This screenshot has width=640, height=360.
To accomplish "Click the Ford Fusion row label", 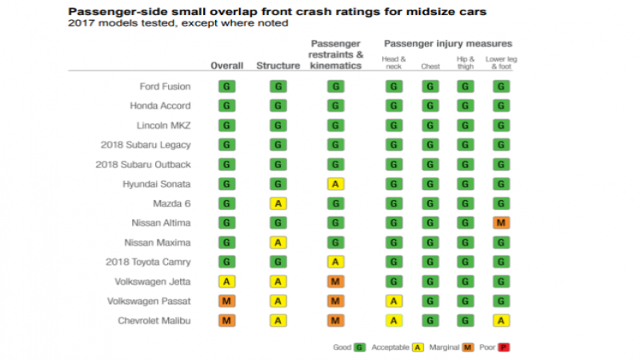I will click(x=165, y=86).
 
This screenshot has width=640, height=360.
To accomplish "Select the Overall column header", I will click(x=226, y=66).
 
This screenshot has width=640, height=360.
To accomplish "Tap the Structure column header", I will click(x=278, y=66).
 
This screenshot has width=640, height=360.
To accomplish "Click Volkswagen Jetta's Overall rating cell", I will click(x=226, y=281).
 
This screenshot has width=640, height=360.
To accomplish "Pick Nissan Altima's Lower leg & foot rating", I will click(x=502, y=222).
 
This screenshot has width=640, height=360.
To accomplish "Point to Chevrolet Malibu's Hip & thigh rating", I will click(x=466, y=320).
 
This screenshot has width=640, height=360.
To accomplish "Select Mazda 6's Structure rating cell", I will click(x=278, y=203).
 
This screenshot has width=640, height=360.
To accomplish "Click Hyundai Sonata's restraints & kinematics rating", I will click(x=336, y=184).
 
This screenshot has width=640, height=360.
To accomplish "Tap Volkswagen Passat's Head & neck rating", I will click(x=394, y=301).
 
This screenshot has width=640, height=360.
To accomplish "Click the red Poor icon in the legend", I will click(x=505, y=347).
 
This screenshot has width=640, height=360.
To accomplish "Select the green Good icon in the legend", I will click(x=360, y=347).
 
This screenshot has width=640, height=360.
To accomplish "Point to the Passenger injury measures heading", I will click(x=447, y=43).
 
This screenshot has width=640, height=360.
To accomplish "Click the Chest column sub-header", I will click(x=430, y=66).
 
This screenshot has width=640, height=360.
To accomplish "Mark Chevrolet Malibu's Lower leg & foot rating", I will click(x=502, y=320).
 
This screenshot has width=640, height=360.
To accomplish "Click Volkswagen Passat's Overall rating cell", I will click(x=226, y=301).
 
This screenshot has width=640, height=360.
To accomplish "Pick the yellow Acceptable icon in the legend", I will click(x=417, y=347).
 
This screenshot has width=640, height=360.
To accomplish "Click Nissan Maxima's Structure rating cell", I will click(x=278, y=242).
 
